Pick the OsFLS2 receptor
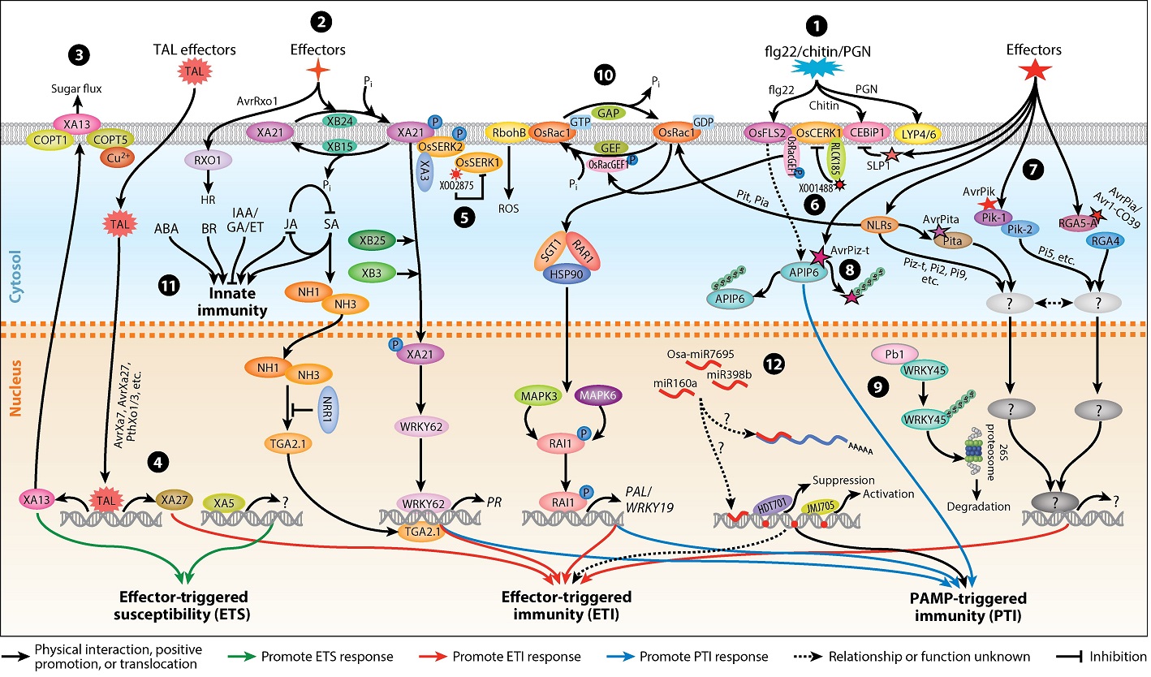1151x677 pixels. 767,132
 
